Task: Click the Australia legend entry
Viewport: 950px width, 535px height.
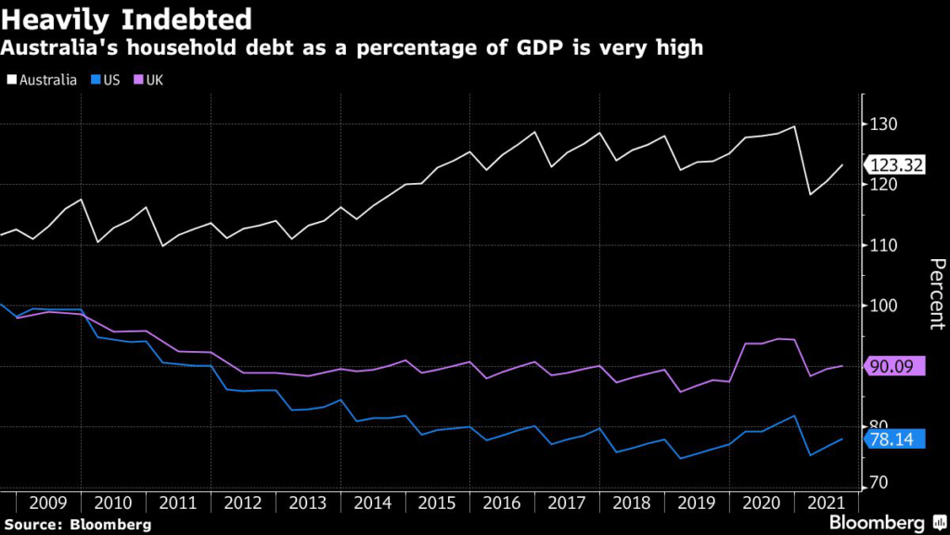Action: [45, 79]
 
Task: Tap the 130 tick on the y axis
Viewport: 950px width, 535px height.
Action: [884, 124]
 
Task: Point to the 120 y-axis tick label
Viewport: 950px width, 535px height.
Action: [884, 185]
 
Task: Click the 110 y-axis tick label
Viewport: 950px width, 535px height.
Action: [884, 245]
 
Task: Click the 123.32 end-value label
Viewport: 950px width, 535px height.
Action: [896, 165]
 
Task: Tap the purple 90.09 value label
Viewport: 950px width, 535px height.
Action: [896, 366]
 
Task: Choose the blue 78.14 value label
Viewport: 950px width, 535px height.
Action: [896, 438]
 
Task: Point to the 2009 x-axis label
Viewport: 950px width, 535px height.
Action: [48, 502]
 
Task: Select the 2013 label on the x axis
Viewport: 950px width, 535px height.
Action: [308, 502]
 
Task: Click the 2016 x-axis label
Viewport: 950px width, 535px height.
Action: [502, 502]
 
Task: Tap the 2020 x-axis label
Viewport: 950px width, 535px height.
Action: [762, 502]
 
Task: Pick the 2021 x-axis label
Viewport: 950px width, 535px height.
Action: [826, 502]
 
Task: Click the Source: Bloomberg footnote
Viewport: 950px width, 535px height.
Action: [76, 525]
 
